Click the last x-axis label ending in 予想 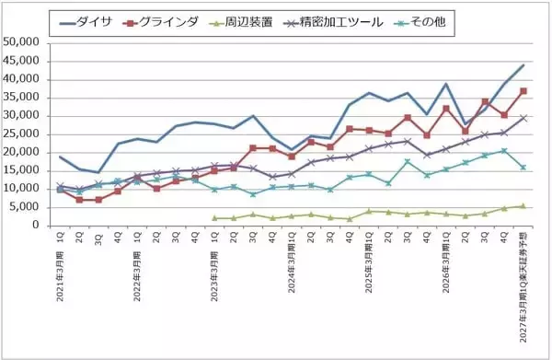(522, 285)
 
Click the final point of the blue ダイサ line (523, 64)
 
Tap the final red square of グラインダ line (523, 90)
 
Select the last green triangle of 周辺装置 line (523, 206)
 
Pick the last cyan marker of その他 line (523, 168)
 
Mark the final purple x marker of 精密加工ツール (523, 118)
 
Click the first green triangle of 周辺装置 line (214, 218)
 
